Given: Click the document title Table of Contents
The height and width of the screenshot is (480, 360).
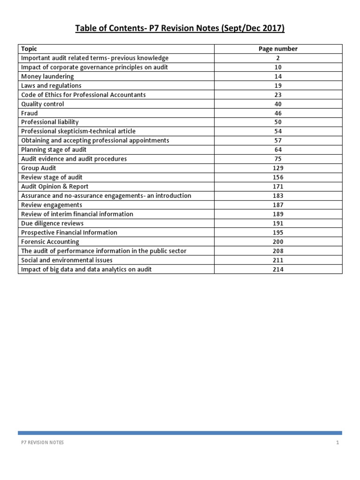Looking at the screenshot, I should pos(180,29).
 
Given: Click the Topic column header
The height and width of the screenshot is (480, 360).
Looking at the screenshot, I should pos(29,49).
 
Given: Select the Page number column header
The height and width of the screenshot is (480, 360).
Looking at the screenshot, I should pos(278,49).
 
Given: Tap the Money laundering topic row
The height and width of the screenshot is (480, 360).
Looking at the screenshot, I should pos(47,76).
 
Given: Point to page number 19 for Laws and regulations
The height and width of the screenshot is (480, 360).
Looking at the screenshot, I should pos(278,86).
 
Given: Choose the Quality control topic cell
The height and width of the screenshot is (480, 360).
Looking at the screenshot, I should pos(43,104).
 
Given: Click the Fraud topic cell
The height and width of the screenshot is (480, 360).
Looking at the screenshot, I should pos(30,113).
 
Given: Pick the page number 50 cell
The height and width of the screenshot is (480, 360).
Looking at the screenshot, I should pos(278,122).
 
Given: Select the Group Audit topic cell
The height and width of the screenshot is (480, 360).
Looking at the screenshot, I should pos(38,168).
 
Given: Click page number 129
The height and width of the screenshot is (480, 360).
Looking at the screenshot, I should pos(278,168).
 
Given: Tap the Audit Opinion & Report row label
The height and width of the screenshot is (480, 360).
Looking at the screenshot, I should pos(55,187).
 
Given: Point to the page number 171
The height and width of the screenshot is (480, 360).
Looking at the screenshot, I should pos(278,187).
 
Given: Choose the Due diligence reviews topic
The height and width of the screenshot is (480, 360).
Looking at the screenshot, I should pos(52,223).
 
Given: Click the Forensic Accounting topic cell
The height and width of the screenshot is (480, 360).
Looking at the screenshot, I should pos(50,242).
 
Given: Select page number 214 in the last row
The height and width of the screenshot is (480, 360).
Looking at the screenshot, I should pos(278,270).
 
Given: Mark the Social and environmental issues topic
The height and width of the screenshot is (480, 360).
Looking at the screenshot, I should pos(67,260).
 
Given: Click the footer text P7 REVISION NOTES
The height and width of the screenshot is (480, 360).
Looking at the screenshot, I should pos(43,442).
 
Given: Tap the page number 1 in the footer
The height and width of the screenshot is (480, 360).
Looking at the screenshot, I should pos(337,442).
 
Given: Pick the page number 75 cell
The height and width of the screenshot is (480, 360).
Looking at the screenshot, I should pos(278,159).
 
